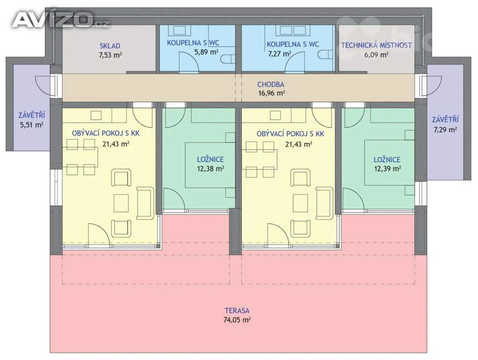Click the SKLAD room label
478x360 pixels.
click(x=110, y=46)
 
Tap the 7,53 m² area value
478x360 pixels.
click(x=110, y=55)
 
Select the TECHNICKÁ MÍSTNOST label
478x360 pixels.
click(x=376, y=45)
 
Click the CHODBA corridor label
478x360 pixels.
click(x=271, y=85)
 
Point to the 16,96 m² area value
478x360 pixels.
click(x=272, y=93)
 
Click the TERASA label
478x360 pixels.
click(x=237, y=311)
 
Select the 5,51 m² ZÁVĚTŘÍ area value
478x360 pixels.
click(x=32, y=125)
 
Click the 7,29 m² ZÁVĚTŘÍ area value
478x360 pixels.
click(x=445, y=129)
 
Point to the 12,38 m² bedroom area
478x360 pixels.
click(x=211, y=169)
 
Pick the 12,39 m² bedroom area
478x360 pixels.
click(x=387, y=169)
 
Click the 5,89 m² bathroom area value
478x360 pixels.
click(x=206, y=52)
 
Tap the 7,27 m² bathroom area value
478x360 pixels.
click(x=280, y=54)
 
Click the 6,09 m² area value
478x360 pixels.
click(x=376, y=55)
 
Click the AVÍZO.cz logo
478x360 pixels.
click(x=60, y=20)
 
